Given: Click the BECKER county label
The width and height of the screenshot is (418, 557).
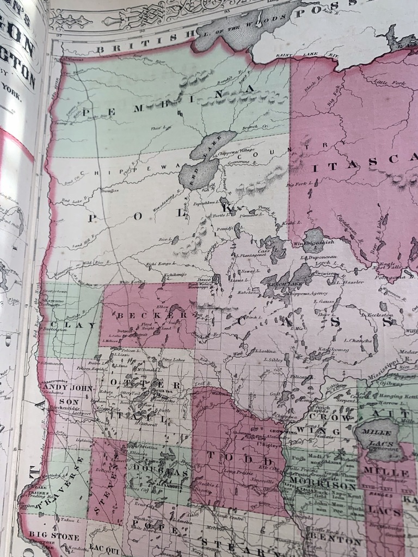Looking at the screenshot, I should pos(147,316).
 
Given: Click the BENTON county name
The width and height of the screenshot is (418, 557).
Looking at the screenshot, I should pos(335,542).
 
